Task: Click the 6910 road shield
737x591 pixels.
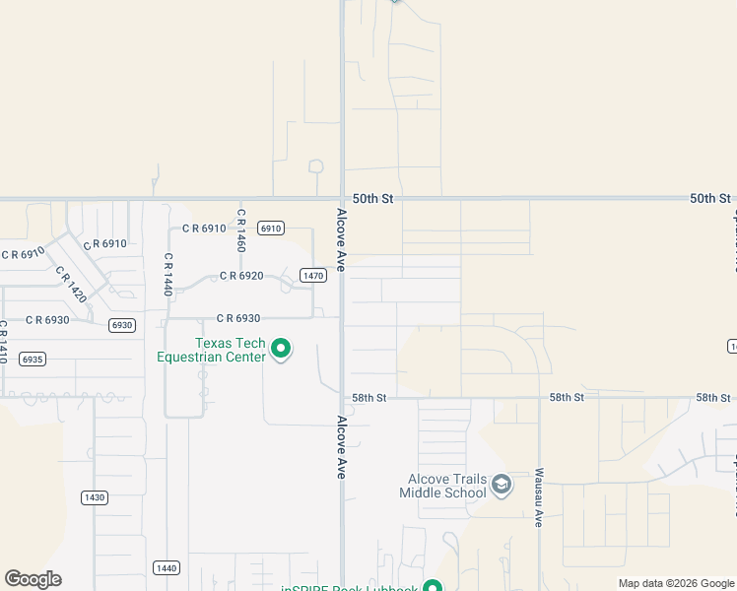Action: pyautogui.click(x=271, y=229)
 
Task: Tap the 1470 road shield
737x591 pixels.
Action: pyautogui.click(x=313, y=276)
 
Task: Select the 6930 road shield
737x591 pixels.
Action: pyautogui.click(x=122, y=325)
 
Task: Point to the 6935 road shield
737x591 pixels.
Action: pyautogui.click(x=32, y=360)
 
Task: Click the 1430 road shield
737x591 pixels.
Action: pyautogui.click(x=94, y=497)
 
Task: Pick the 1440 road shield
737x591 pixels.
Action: pyautogui.click(x=166, y=567)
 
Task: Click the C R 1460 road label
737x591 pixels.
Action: pyautogui.click(x=240, y=229)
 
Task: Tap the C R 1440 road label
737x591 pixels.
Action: pyautogui.click(x=168, y=275)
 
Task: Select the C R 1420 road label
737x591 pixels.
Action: pyautogui.click(x=70, y=285)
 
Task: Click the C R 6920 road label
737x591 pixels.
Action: pyautogui.click(x=241, y=276)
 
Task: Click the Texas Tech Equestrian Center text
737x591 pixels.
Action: pyautogui.click(x=211, y=350)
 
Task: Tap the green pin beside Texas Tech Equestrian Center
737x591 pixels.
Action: pyautogui.click(x=281, y=349)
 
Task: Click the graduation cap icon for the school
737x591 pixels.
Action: pyautogui.click(x=502, y=485)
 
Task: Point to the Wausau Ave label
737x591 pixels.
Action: pyautogui.click(x=540, y=497)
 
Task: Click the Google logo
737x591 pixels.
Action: pyautogui.click(x=33, y=579)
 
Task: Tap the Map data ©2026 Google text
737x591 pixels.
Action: pyautogui.click(x=676, y=583)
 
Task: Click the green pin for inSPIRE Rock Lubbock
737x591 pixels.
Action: pyautogui.click(x=432, y=586)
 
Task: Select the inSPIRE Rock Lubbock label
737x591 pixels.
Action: pyautogui.click(x=350, y=588)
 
